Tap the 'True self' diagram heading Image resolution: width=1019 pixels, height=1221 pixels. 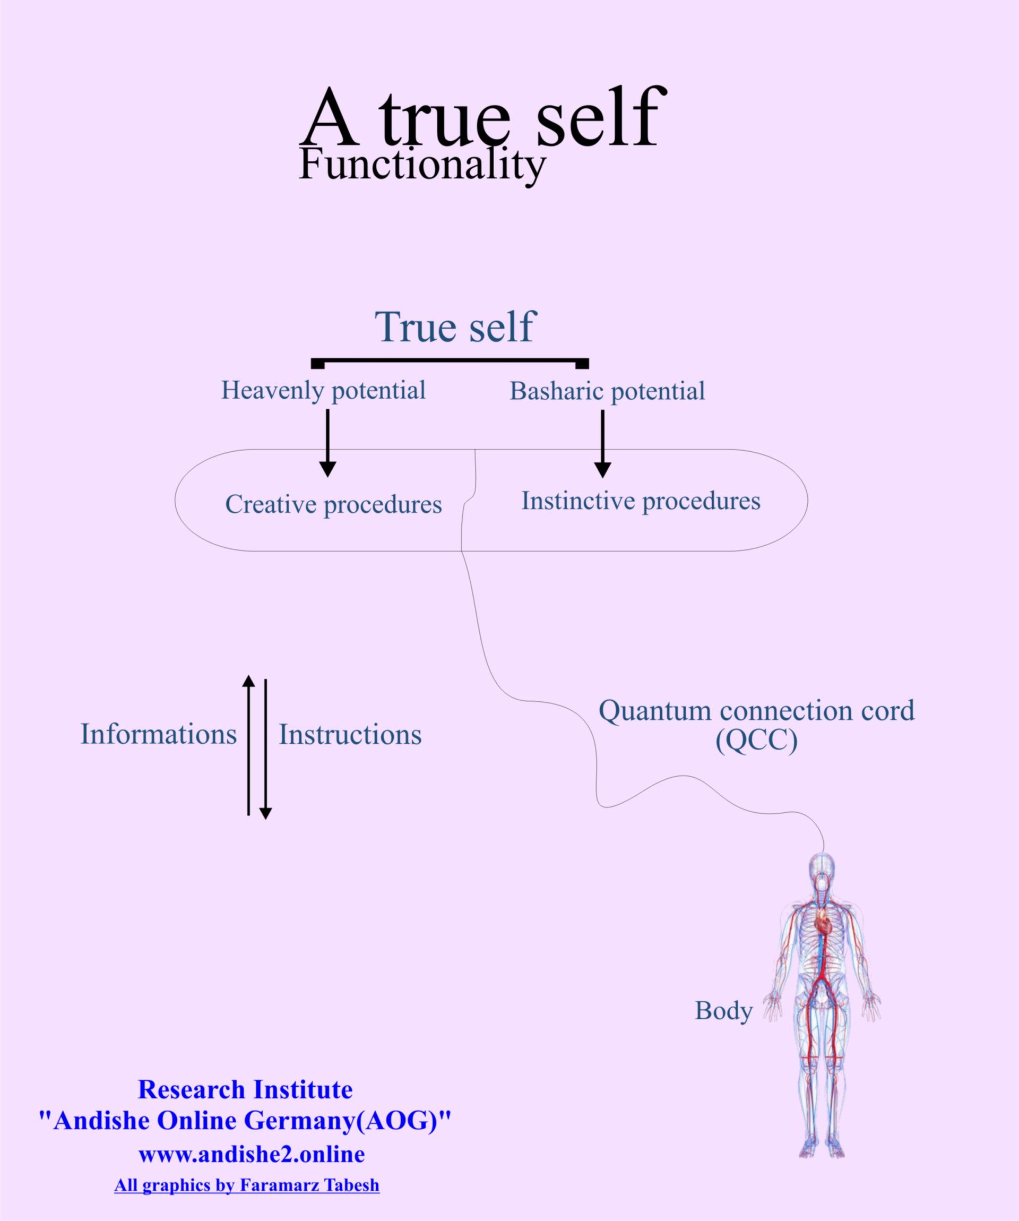click(x=454, y=327)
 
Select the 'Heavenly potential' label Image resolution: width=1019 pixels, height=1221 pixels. click(x=323, y=390)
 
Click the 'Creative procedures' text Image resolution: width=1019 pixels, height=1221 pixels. click(x=333, y=504)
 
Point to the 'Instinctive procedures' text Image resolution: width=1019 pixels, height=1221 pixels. click(x=641, y=501)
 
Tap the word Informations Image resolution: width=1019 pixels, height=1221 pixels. click(x=158, y=734)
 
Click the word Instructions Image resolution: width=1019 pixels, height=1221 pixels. click(x=350, y=735)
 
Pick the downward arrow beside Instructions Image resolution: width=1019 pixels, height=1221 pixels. click(x=265, y=750)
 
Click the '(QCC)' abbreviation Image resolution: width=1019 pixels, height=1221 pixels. click(x=756, y=741)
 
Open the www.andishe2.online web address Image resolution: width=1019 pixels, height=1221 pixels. click(x=251, y=1154)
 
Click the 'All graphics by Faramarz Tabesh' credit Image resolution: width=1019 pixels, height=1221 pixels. click(x=246, y=1185)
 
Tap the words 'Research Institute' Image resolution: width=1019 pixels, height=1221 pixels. click(x=245, y=1089)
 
